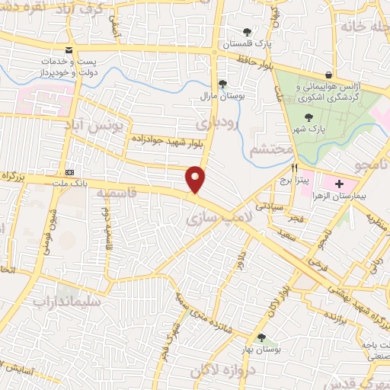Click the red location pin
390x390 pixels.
click(x=197, y=178)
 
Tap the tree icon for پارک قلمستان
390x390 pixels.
click(x=246, y=32)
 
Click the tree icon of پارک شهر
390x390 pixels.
click(x=308, y=117)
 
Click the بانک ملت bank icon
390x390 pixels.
click(x=69, y=172)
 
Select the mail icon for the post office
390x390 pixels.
click(x=69, y=50)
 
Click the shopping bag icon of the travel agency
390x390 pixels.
click(x=328, y=75)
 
